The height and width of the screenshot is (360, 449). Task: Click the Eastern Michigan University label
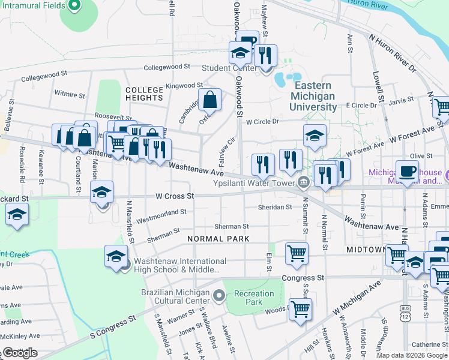[314, 96]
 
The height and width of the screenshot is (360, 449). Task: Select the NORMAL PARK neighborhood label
[217, 239]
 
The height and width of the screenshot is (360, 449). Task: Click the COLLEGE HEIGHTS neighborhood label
[144, 93]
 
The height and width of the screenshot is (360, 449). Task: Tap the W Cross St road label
[175, 196]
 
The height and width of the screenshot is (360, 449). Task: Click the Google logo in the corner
[20, 353]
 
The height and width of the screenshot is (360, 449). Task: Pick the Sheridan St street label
[276, 207]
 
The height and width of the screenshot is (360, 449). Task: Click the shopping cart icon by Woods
[300, 309]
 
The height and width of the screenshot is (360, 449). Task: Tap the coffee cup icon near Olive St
[407, 170]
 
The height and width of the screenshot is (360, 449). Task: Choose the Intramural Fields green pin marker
[74, 7]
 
